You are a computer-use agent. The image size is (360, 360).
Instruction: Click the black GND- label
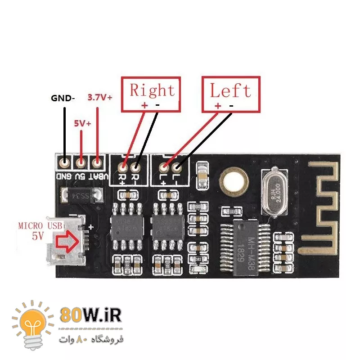click(63, 98)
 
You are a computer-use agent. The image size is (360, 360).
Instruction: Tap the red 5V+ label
click(82, 122)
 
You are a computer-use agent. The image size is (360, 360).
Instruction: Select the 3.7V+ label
click(100, 97)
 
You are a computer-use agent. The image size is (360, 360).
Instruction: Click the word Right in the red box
click(152, 90)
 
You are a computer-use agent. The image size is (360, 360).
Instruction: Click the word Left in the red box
click(230, 90)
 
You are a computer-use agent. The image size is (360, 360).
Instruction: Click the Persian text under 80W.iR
click(90, 338)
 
